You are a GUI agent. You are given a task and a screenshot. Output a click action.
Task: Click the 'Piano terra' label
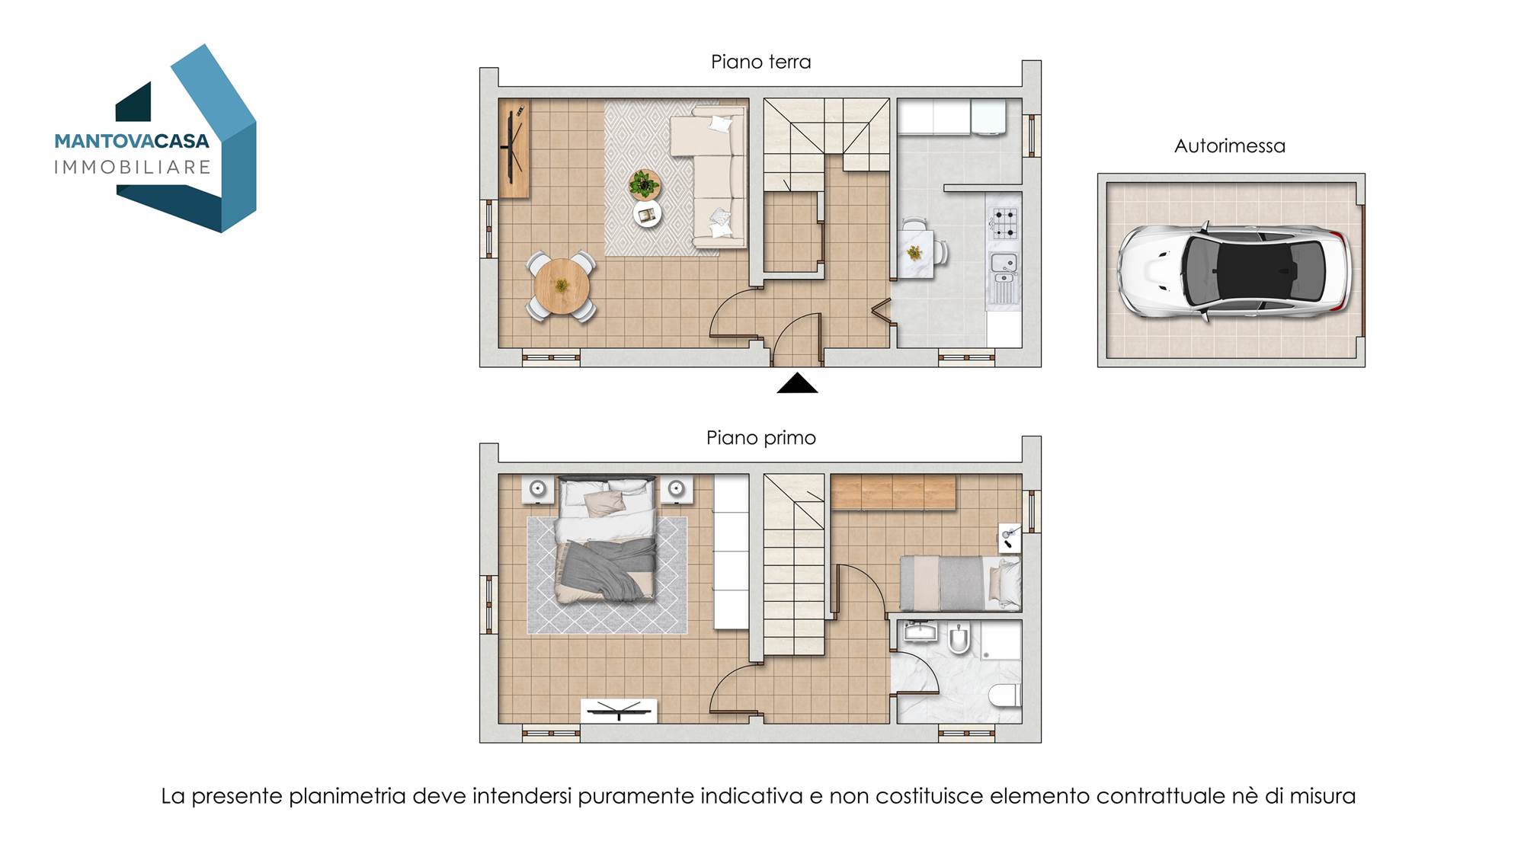[760, 62]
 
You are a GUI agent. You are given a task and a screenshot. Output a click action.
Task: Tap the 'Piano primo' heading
[760, 438]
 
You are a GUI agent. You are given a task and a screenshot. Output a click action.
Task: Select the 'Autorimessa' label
[1229, 145]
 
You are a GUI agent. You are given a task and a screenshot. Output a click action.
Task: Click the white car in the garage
[1233, 270]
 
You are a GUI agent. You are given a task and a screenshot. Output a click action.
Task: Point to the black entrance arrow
[797, 383]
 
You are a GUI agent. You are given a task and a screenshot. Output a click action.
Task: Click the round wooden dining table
[562, 286]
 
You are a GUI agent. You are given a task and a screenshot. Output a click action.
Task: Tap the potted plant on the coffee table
[645, 184]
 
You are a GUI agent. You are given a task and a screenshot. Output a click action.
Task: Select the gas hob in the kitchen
[1004, 222]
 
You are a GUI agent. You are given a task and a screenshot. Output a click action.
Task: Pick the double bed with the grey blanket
[607, 539]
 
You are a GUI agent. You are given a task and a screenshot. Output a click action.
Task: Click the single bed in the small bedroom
[960, 583]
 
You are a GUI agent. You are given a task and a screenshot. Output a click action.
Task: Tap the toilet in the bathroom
[1005, 695]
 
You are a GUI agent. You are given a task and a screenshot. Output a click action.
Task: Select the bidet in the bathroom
[958, 641]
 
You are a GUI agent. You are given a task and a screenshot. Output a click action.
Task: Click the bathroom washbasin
[919, 632]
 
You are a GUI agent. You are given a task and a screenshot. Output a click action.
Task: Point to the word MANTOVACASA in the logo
[132, 142]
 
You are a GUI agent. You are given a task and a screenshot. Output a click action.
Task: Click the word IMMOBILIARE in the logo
[132, 168]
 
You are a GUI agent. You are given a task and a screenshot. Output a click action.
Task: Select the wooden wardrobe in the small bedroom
[893, 492]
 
